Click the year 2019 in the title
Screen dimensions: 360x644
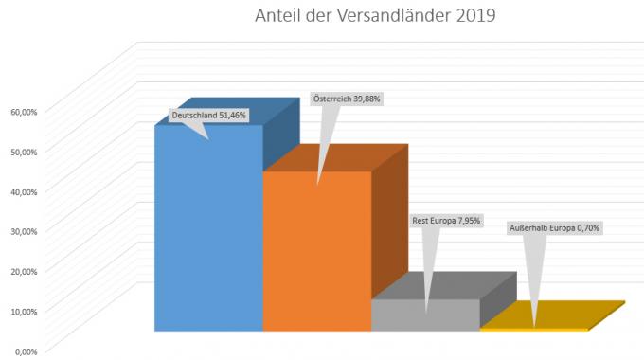473,16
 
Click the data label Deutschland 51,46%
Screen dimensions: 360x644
208,116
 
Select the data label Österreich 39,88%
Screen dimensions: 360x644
347,99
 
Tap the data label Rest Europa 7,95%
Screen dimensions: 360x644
446,220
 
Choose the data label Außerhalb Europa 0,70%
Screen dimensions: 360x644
555,227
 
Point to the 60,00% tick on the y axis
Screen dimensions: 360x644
24,111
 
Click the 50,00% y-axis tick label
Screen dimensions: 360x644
24,151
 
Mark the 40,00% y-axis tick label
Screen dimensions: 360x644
24,191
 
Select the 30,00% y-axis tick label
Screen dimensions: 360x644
24,231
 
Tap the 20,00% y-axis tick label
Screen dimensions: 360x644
24,271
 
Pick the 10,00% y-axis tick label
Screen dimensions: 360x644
24,311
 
